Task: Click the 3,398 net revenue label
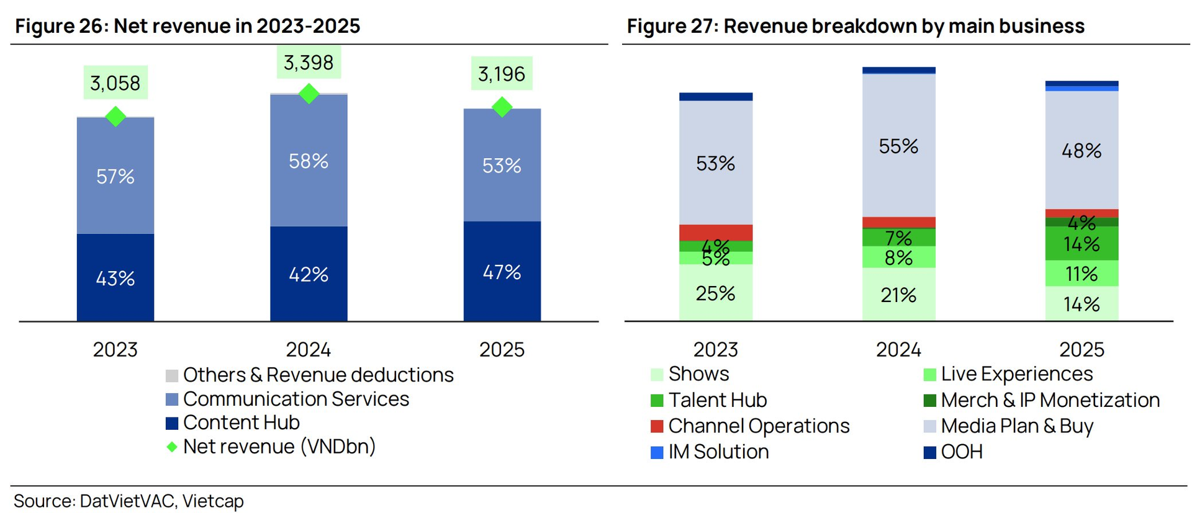click(309, 63)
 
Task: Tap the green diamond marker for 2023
click(115, 116)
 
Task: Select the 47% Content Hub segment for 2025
click(502, 272)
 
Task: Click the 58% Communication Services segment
click(309, 161)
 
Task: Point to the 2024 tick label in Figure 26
click(309, 350)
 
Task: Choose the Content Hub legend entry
click(233, 422)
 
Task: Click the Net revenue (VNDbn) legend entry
click(271, 447)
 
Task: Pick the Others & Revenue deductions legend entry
click(310, 375)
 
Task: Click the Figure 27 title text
click(856, 26)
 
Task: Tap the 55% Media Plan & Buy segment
click(898, 146)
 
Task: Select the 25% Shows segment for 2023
click(716, 293)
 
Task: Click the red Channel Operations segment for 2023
click(716, 233)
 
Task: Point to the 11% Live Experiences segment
click(1081, 274)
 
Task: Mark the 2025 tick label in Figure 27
click(1081, 350)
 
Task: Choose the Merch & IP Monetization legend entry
click(1042, 400)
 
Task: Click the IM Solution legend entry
click(710, 452)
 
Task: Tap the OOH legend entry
click(954, 452)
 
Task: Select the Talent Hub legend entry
click(709, 400)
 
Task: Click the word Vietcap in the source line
click(213, 501)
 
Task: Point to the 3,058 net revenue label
click(115, 83)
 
